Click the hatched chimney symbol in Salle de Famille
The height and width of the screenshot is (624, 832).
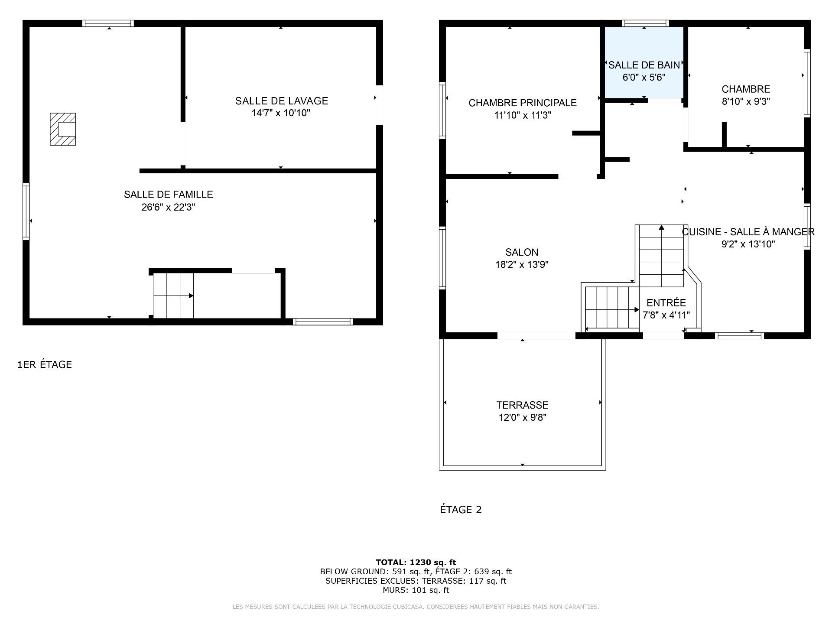[x=63, y=129]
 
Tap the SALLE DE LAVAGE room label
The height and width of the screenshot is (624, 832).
[x=281, y=101]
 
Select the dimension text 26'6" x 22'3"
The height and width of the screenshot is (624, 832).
[x=168, y=207]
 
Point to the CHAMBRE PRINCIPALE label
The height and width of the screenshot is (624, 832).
[x=522, y=103]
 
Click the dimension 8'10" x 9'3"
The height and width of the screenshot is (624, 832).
[x=745, y=102]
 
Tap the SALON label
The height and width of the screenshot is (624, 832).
[x=522, y=252]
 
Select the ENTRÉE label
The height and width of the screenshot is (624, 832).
[x=666, y=303]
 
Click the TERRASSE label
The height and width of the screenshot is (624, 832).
[x=522, y=405]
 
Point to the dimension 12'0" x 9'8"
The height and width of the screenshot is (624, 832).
[x=522, y=418]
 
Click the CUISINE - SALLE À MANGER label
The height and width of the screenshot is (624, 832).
[x=748, y=232]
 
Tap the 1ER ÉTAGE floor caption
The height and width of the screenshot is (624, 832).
[x=45, y=365]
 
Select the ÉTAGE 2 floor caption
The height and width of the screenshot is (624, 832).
[x=461, y=510]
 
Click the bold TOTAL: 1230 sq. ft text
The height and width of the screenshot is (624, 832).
[x=416, y=562]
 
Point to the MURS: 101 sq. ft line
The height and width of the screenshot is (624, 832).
[x=416, y=590]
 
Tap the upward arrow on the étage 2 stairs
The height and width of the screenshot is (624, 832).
[x=661, y=228]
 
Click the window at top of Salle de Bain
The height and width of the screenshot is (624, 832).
[x=645, y=23]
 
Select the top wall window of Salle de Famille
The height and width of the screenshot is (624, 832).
[x=108, y=23]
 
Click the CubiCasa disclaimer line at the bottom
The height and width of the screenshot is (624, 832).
[x=416, y=607]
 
